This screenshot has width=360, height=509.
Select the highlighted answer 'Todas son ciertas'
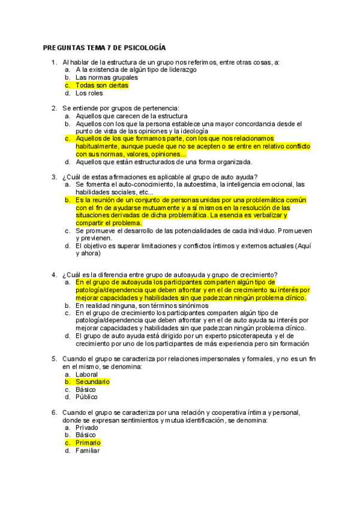pos(101,85)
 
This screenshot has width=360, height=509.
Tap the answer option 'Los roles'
pos(89,93)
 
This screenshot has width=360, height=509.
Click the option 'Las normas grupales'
pos(106,77)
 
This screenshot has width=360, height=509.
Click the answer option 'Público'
pos(86,397)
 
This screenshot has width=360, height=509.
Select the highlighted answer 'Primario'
pos(88,443)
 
